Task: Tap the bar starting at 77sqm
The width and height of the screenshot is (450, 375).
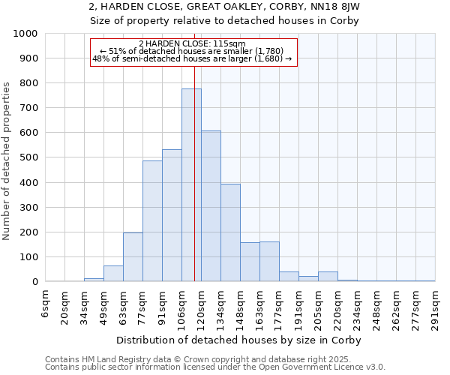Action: [152, 221]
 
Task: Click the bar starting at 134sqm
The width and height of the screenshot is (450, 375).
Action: [230, 232]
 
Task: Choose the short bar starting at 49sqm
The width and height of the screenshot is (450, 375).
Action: [113, 274]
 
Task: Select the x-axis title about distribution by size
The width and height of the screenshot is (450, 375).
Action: [240, 340]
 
